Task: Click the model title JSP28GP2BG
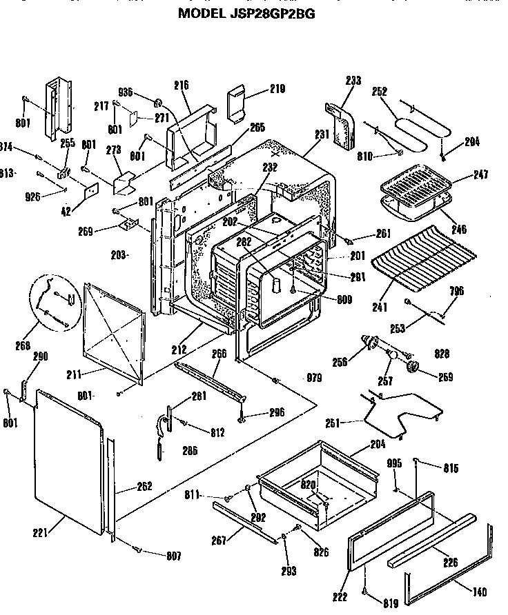[x=246, y=12]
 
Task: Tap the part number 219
[x=277, y=89]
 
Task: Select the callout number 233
[x=353, y=81]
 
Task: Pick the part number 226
[x=451, y=562]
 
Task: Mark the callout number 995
[x=394, y=463]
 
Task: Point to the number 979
[x=314, y=377]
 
